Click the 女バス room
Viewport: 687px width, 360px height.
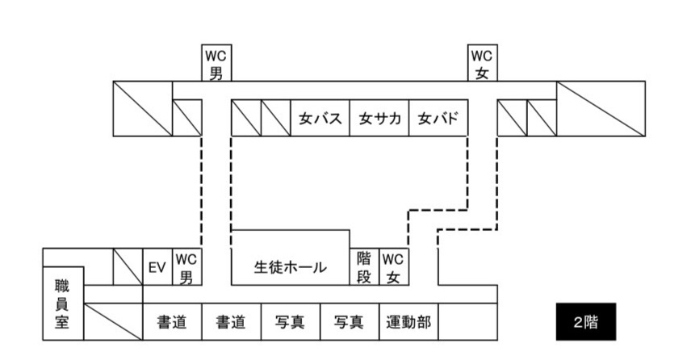click(x=320, y=118)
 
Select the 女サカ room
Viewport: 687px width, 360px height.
click(x=379, y=118)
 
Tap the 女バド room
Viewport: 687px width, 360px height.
click(x=438, y=118)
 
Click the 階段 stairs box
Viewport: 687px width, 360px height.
click(x=363, y=267)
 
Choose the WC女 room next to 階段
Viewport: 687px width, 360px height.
click(x=392, y=267)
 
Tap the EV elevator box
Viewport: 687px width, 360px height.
click(x=157, y=267)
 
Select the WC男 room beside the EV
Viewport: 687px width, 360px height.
click(x=186, y=267)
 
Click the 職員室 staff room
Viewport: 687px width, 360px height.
click(x=62, y=302)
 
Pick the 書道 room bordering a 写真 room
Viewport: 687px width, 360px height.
click(x=231, y=321)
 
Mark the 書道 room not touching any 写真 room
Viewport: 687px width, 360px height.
click(x=171, y=321)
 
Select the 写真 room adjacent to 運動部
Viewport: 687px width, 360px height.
click(x=350, y=321)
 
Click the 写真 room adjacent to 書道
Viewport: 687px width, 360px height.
click(x=291, y=321)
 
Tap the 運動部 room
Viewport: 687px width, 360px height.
click(x=408, y=321)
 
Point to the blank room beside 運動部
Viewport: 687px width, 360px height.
click(x=468, y=321)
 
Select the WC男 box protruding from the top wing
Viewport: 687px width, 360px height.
click(x=216, y=63)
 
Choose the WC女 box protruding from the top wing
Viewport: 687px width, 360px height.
click(x=483, y=63)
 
